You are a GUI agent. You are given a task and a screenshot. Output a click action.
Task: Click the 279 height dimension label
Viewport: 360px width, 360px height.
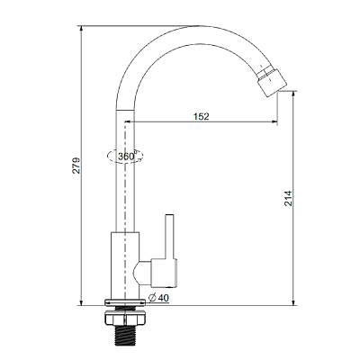click(x=76, y=165)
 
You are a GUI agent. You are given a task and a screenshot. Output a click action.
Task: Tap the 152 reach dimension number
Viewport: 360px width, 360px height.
click(x=201, y=116)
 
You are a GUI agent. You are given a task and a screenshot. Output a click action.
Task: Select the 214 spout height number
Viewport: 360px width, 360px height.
click(x=288, y=198)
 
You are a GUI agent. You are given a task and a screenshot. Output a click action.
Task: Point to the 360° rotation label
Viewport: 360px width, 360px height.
click(x=126, y=157)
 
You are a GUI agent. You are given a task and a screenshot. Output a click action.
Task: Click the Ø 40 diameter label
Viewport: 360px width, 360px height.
click(x=158, y=298)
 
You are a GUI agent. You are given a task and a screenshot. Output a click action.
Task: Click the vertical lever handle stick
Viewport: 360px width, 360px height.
click(x=170, y=236)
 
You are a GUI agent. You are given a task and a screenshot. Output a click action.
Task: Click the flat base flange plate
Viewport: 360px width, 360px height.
click(x=125, y=301)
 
